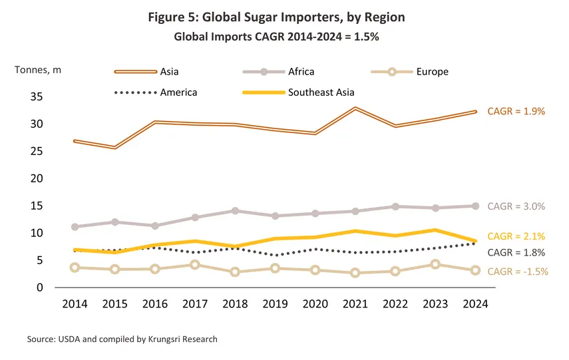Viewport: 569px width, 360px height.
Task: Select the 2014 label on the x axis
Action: (x=75, y=303)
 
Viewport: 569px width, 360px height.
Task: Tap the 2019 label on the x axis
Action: (x=274, y=303)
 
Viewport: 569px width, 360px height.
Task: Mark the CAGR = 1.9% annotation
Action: (x=516, y=111)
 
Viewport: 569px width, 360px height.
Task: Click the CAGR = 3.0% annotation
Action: (x=516, y=206)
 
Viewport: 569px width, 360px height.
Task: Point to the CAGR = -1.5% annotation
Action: (x=518, y=271)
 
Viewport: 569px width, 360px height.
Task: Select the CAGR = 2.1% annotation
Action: (x=516, y=236)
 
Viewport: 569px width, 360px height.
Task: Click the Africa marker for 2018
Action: (x=235, y=211)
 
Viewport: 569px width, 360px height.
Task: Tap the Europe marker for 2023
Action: (x=435, y=264)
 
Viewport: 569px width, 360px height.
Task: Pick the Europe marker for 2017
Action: (x=195, y=265)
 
